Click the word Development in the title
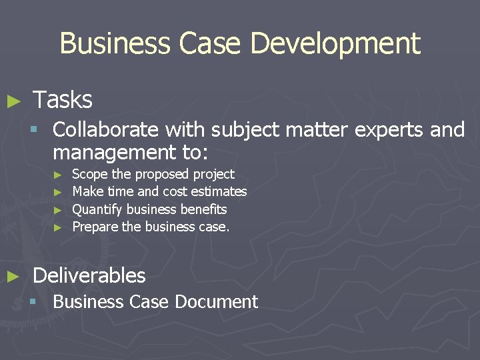335,44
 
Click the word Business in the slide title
114,44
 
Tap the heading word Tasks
62,100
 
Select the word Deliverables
89,275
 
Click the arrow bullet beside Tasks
13,101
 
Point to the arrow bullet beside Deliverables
13,277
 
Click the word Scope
90,175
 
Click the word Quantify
97,209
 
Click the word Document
216,302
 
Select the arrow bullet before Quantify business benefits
58,210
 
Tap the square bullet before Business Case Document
32,302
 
